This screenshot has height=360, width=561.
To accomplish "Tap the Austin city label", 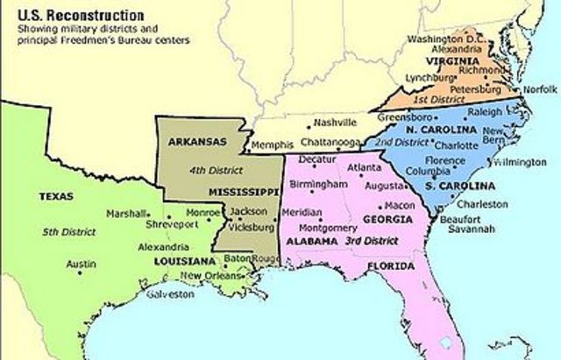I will [82, 263].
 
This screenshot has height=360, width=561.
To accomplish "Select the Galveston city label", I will [170, 294].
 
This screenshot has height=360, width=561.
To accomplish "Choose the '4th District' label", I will [204, 171].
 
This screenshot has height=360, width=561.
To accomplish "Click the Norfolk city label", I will [540, 89].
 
